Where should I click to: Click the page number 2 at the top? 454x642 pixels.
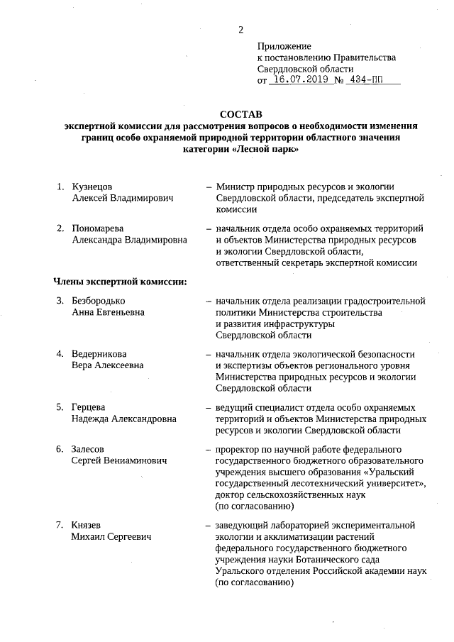coord(241,29)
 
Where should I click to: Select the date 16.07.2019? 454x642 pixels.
coord(301,80)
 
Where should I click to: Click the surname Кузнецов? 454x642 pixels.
coord(93,187)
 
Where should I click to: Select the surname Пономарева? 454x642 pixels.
coord(98,228)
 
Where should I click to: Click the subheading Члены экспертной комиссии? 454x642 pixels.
coord(121,282)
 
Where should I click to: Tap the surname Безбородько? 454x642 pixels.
coord(99,301)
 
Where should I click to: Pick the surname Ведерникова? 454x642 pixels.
coord(99,354)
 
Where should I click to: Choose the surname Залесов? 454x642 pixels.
coord(89,449)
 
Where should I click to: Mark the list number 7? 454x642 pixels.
coord(60,525)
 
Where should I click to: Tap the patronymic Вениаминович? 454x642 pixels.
coord(135,460)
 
